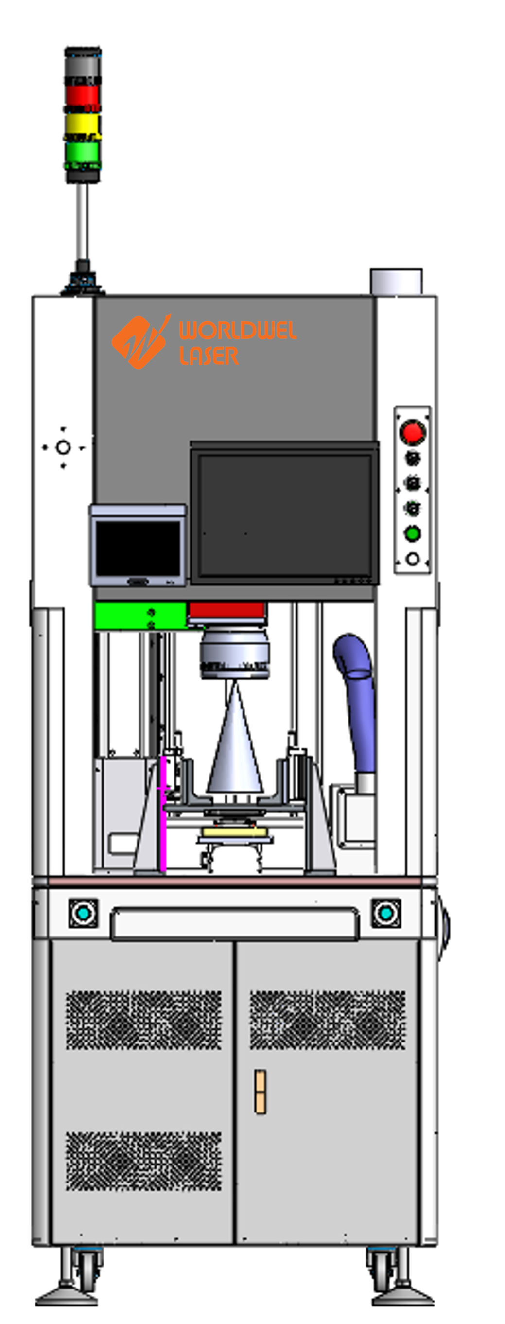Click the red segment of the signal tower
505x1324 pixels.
pyautogui.click(x=82, y=95)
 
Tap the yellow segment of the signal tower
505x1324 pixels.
pyautogui.click(x=82, y=124)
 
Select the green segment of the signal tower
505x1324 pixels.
pyautogui.click(x=82, y=152)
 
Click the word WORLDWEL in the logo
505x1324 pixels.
pyautogui.click(x=237, y=331)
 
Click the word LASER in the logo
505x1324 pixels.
pyautogui.click(x=209, y=355)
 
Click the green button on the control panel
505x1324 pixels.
pyautogui.click(x=412, y=533)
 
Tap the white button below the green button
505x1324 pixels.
pyautogui.click(x=412, y=558)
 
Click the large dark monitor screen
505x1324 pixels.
pyautogui.click(x=285, y=514)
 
